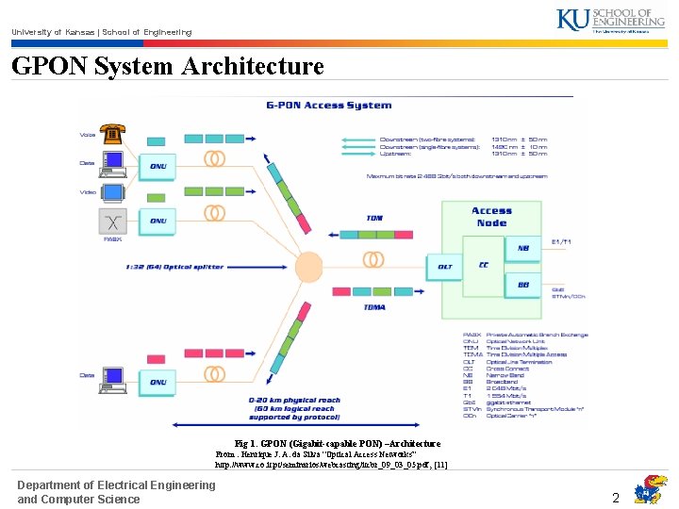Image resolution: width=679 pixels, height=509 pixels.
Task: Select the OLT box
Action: point(446,267)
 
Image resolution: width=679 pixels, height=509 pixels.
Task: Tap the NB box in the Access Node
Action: point(522,249)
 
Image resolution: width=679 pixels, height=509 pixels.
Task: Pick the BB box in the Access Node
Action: point(522,285)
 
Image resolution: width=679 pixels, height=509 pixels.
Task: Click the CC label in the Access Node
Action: point(484,265)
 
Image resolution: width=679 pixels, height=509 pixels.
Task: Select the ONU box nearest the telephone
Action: point(157,166)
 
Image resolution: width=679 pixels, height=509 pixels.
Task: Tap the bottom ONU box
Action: point(157,382)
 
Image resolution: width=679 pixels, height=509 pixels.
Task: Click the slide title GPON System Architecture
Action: point(168,67)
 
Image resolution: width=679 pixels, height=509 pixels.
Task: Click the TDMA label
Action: point(374,306)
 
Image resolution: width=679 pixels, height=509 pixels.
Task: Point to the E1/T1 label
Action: point(561,242)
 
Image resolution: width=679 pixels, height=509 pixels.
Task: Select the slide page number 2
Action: point(615,498)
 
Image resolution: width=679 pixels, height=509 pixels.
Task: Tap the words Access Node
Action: point(491,217)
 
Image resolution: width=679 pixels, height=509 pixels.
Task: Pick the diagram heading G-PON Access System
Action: point(328,106)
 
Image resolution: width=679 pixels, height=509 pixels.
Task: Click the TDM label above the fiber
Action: point(374,219)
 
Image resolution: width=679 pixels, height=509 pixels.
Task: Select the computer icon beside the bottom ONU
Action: point(113,380)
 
